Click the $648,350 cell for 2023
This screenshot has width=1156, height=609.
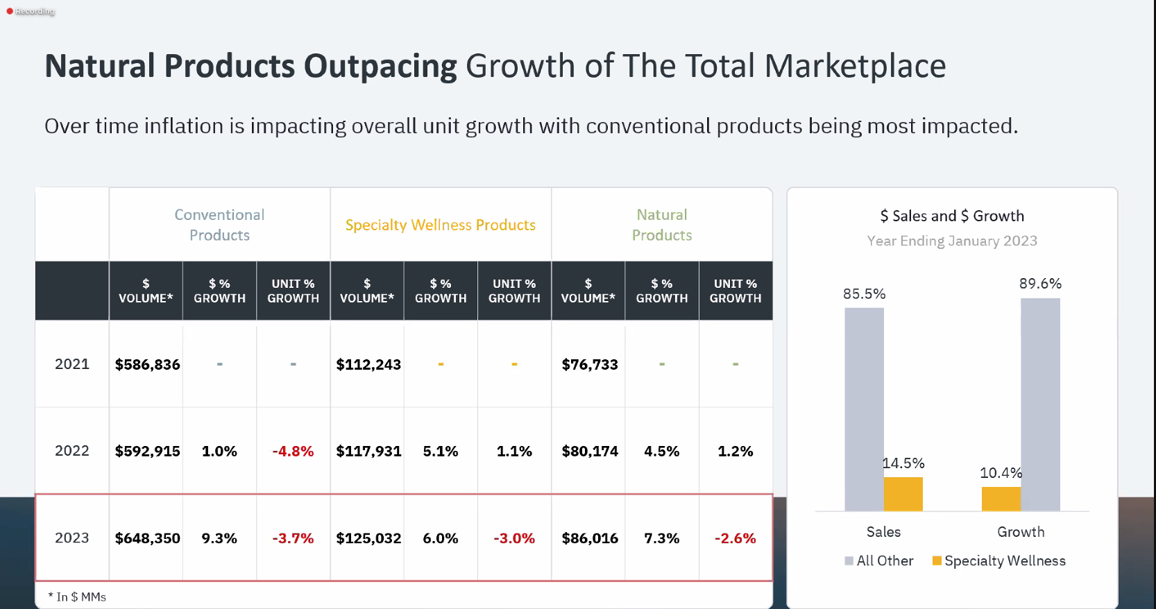pos(147,538)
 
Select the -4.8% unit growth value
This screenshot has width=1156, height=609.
pos(293,452)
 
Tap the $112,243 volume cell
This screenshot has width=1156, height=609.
pos(368,365)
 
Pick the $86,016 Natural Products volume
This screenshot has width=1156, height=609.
pos(590,538)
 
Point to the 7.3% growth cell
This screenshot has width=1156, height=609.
pos(661,538)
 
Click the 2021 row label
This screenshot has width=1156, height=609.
pos(72,364)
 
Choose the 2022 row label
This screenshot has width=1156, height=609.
pos(72,451)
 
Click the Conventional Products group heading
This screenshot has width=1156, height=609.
pos(219,225)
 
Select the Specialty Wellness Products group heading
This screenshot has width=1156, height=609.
pos(441,225)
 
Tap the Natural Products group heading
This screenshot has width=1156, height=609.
pos(662,225)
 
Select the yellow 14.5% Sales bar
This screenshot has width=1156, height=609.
pos(903,494)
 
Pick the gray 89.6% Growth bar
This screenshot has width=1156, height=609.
pos(1040,402)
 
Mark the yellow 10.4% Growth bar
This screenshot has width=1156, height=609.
pos(1001,499)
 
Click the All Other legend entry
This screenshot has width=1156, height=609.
pos(879,560)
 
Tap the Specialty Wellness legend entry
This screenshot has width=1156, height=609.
pos(999,560)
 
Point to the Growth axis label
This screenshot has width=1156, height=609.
pos(1021,532)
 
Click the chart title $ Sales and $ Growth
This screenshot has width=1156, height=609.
pos(952,216)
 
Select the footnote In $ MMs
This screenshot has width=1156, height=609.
pos(78,597)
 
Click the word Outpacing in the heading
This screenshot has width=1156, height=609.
pos(380,67)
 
